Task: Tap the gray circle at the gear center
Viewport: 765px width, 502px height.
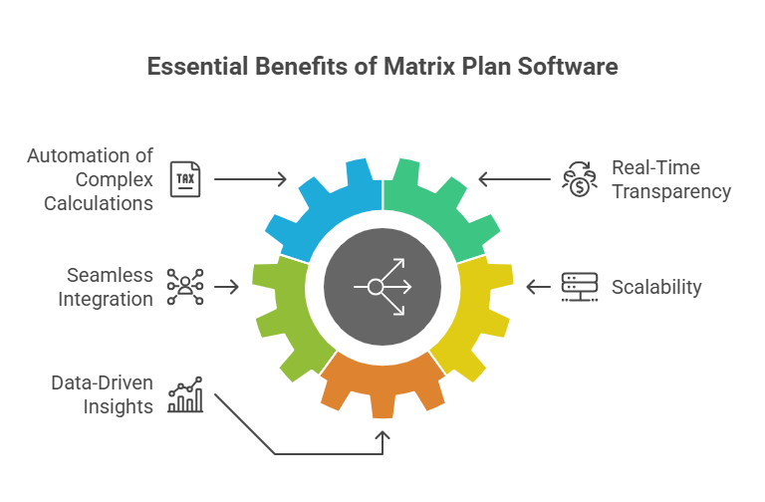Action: pyautogui.click(x=382, y=287)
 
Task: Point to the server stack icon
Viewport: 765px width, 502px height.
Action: pyautogui.click(x=574, y=287)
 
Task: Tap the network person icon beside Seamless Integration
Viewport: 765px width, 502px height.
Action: pyautogui.click(x=184, y=287)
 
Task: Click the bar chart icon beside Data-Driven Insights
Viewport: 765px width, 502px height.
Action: pyautogui.click(x=185, y=394)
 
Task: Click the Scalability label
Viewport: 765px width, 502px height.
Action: pyautogui.click(x=655, y=288)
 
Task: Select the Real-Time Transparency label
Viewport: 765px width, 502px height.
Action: pyautogui.click(x=670, y=179)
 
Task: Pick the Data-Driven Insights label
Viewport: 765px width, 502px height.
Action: pyautogui.click(x=105, y=394)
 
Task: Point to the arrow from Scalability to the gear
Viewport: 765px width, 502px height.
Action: pyautogui.click(x=539, y=287)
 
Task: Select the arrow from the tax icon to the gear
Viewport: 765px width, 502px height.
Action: pyautogui.click(x=251, y=179)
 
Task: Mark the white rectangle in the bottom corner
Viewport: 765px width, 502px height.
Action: pyautogui.click(x=691, y=476)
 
